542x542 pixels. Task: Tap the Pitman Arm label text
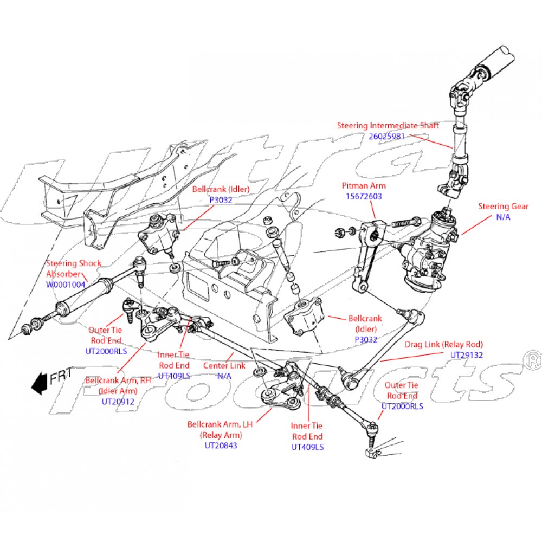[x=364, y=186]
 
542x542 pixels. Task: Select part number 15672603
[x=363, y=196]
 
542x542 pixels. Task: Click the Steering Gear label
[x=503, y=206]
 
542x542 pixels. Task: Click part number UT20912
[x=119, y=402]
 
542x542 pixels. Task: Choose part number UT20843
[x=221, y=446]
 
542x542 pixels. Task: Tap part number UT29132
[x=466, y=354]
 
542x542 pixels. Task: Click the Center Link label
[x=224, y=366]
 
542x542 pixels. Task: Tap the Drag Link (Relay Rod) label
[x=443, y=344]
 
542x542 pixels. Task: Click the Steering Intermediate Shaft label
[x=388, y=126]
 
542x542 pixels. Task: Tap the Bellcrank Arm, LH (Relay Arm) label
[x=221, y=430]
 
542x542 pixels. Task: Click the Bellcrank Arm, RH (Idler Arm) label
[x=119, y=385]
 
